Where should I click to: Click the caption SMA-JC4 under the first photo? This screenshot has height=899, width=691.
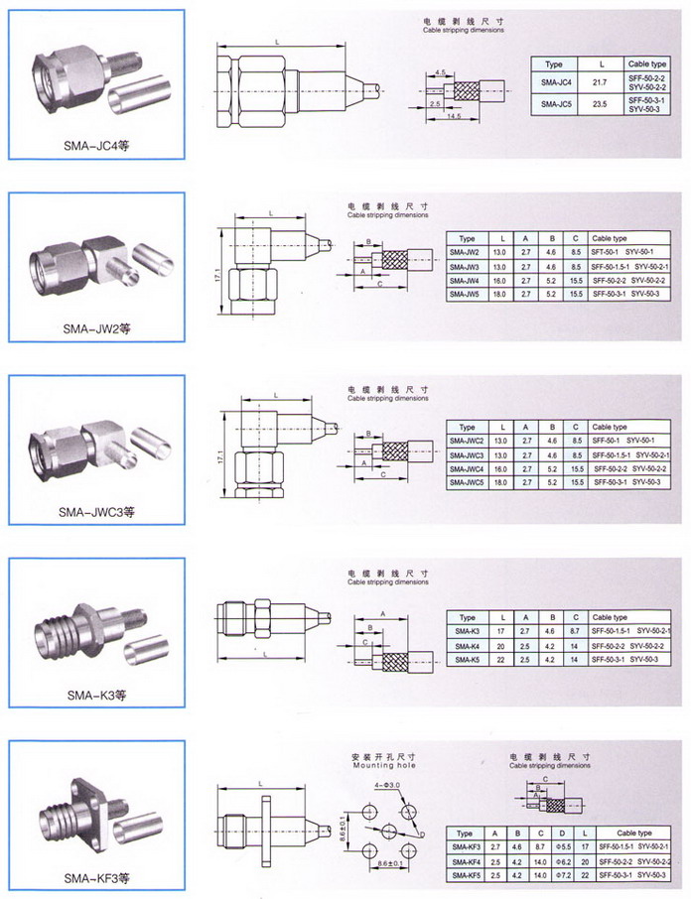coord(96,146)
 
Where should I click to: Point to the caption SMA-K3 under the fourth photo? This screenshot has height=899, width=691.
coord(96,695)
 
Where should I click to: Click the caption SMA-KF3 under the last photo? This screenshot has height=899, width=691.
coord(96,877)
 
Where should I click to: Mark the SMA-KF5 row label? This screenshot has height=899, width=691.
coord(467,874)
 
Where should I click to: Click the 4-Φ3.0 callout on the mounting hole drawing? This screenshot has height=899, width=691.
coord(387,786)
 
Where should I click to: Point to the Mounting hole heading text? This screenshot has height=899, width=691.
coord(384,765)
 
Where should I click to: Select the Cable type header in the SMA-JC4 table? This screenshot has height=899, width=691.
coord(647,63)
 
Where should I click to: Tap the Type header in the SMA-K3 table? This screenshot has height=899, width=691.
coord(467,617)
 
